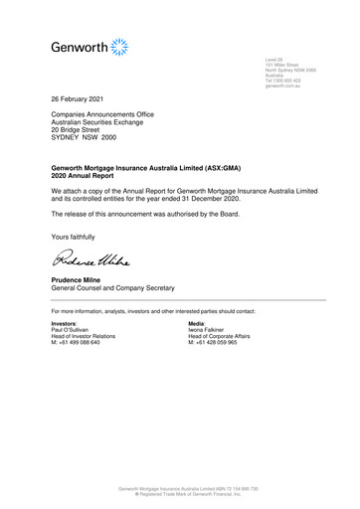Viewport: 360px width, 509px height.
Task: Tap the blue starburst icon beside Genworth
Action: (x=120, y=46)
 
